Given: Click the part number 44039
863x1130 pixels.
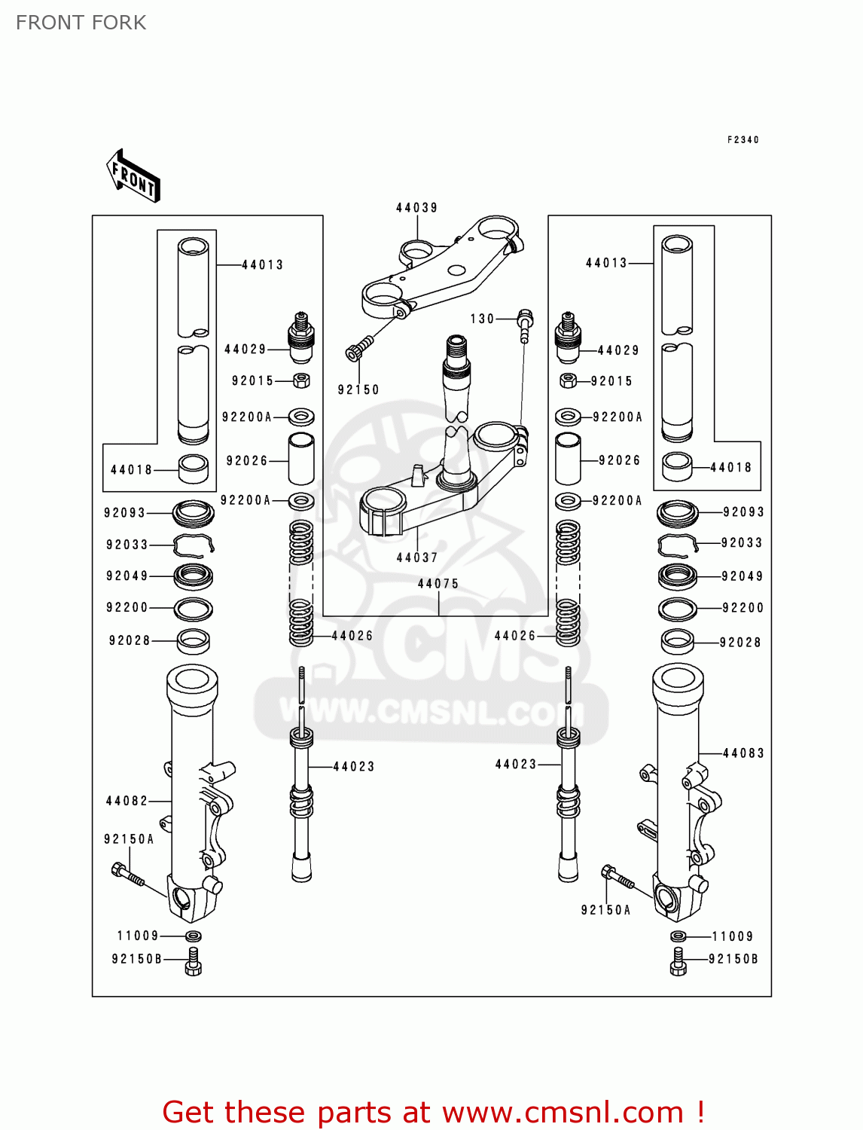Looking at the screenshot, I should (416, 208).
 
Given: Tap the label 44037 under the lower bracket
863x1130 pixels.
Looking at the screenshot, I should (417, 557).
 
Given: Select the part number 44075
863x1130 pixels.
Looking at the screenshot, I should (438, 584).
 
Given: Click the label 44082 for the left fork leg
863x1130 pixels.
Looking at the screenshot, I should (127, 801).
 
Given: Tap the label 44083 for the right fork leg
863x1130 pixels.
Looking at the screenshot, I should (743, 753).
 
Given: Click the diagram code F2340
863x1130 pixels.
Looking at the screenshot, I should (743, 140).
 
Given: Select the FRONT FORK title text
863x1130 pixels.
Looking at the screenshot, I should (81, 23).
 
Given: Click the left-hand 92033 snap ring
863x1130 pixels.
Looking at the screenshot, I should (194, 545).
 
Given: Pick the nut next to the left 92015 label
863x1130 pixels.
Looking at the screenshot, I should (301, 380).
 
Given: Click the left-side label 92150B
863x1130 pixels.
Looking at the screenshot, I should (136, 959).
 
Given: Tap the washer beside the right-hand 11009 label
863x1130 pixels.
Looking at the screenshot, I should (678, 936).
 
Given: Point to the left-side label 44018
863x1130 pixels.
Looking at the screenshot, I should (132, 470).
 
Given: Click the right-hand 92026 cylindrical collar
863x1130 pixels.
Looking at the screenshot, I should (568, 459).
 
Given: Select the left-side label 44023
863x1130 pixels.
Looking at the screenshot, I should (354, 767).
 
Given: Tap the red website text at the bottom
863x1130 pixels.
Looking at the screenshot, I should (433, 1112).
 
